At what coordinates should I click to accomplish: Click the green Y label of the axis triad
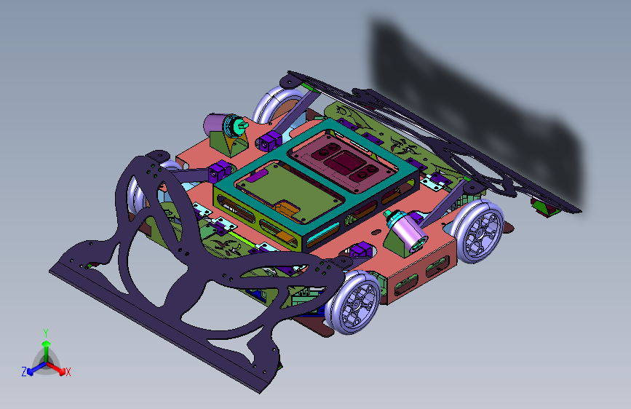click(46, 333)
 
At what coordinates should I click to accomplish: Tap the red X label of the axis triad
click(68, 372)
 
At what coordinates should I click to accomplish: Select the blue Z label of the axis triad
click(24, 372)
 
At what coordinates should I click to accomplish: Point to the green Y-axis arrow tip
click(47, 344)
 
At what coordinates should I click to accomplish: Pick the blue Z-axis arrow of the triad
click(36, 368)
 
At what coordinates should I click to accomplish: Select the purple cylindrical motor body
click(215, 124)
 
